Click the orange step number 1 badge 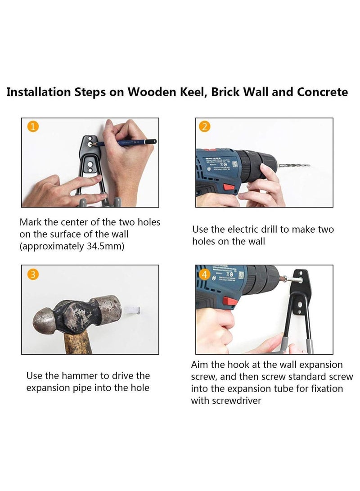[33, 127]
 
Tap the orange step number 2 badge [204, 127]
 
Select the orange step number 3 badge [33, 275]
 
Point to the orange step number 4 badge [204, 275]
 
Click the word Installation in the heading [39, 92]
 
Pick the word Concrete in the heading [322, 92]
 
